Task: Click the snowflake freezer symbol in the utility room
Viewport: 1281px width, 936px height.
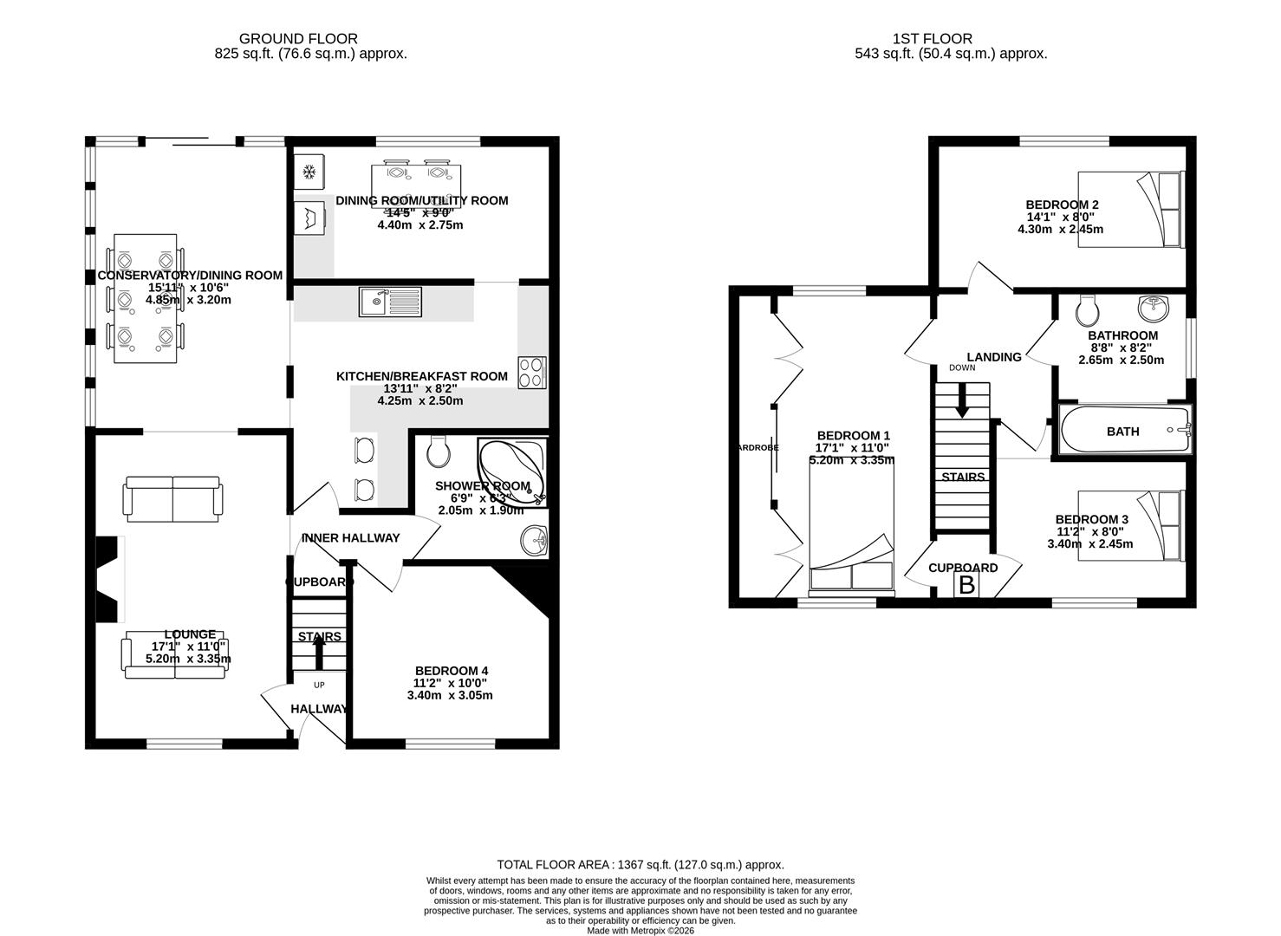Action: (309, 172)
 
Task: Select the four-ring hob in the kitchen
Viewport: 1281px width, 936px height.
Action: (532, 373)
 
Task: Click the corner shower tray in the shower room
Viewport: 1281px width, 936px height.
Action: (512, 471)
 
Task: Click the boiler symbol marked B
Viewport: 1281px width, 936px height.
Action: (966, 585)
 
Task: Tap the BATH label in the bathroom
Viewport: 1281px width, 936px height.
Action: (1122, 431)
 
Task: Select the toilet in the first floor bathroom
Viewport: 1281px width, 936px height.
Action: (1085, 309)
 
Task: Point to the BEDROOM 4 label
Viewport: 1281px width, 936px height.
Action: (451, 671)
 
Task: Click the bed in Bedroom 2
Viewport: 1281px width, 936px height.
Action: (1129, 209)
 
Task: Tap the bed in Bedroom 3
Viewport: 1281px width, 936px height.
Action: (1129, 525)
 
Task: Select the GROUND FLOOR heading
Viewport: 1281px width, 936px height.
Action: (298, 38)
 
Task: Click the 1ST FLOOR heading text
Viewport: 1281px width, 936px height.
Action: (932, 38)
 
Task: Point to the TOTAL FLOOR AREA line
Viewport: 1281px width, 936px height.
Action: (640, 864)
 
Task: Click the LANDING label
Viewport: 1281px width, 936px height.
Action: (993, 357)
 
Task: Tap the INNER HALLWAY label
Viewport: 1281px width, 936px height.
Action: (350, 538)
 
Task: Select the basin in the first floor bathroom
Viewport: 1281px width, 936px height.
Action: (1153, 307)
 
